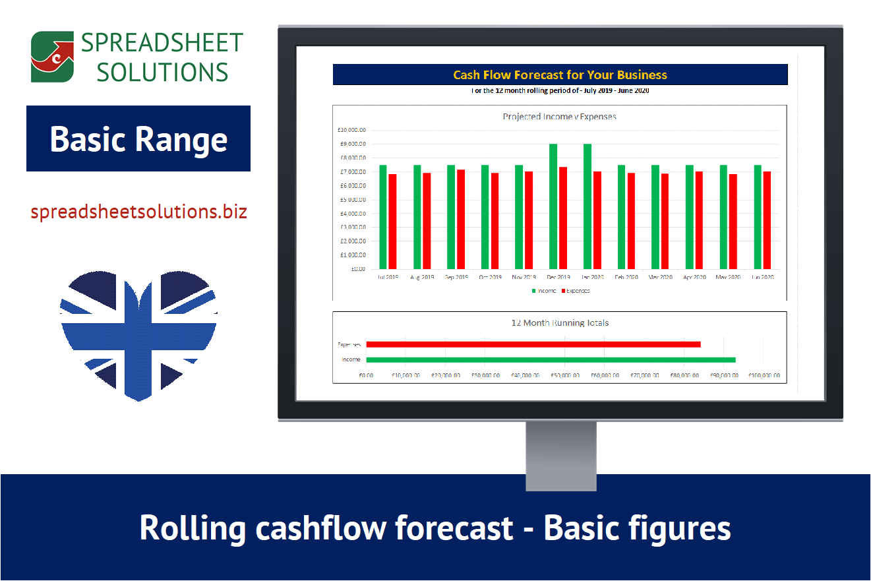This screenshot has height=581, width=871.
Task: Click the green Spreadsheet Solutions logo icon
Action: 52,57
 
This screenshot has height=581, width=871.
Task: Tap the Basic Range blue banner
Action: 138,139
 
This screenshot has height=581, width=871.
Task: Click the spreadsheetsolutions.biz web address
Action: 138,212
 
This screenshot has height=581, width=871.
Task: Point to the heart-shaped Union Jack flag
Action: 138,333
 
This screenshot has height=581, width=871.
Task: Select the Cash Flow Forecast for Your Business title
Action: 560,75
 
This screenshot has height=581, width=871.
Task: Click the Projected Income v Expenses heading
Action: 559,117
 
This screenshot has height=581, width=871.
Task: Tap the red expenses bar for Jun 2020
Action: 767,220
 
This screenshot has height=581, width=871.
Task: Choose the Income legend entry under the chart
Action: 544,291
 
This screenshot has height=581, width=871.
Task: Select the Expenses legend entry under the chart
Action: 576,291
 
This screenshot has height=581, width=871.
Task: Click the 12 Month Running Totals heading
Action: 560,323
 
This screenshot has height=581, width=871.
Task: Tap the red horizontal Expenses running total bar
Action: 533,344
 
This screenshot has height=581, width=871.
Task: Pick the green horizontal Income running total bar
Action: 551,360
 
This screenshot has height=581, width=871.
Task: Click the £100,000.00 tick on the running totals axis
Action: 764,375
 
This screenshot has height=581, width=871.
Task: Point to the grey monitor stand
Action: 560,455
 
